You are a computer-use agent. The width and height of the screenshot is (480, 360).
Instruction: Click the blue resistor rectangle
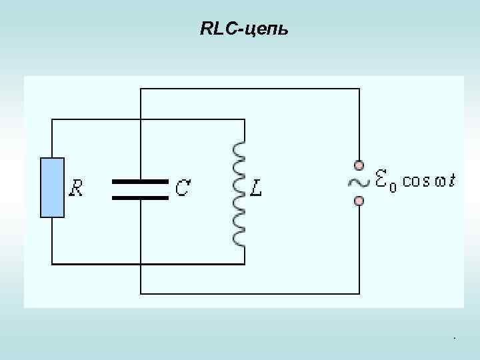click(52, 187)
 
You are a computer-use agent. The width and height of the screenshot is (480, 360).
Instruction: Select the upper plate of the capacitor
click(140, 181)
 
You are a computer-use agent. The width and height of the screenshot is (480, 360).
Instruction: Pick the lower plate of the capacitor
click(140, 197)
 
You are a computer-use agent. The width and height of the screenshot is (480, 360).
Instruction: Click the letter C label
click(181, 189)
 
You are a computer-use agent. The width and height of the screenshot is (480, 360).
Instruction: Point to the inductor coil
click(239, 194)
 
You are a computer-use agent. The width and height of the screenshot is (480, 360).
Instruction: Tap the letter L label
click(256, 189)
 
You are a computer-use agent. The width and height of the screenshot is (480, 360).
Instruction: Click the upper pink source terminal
click(359, 165)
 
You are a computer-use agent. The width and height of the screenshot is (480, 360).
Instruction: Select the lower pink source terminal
click(359, 201)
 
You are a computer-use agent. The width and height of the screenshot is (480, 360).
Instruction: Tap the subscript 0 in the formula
click(393, 187)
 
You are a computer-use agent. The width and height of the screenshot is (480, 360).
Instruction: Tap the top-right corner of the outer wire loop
click(359, 89)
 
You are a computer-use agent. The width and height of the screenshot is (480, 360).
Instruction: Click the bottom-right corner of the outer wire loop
click(359, 293)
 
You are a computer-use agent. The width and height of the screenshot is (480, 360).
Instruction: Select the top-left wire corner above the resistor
click(52, 120)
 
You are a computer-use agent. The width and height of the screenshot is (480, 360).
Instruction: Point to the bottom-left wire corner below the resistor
click(52, 264)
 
